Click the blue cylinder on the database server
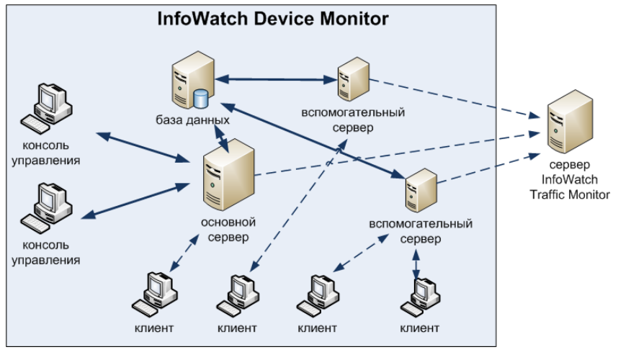[x=200, y=96]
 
